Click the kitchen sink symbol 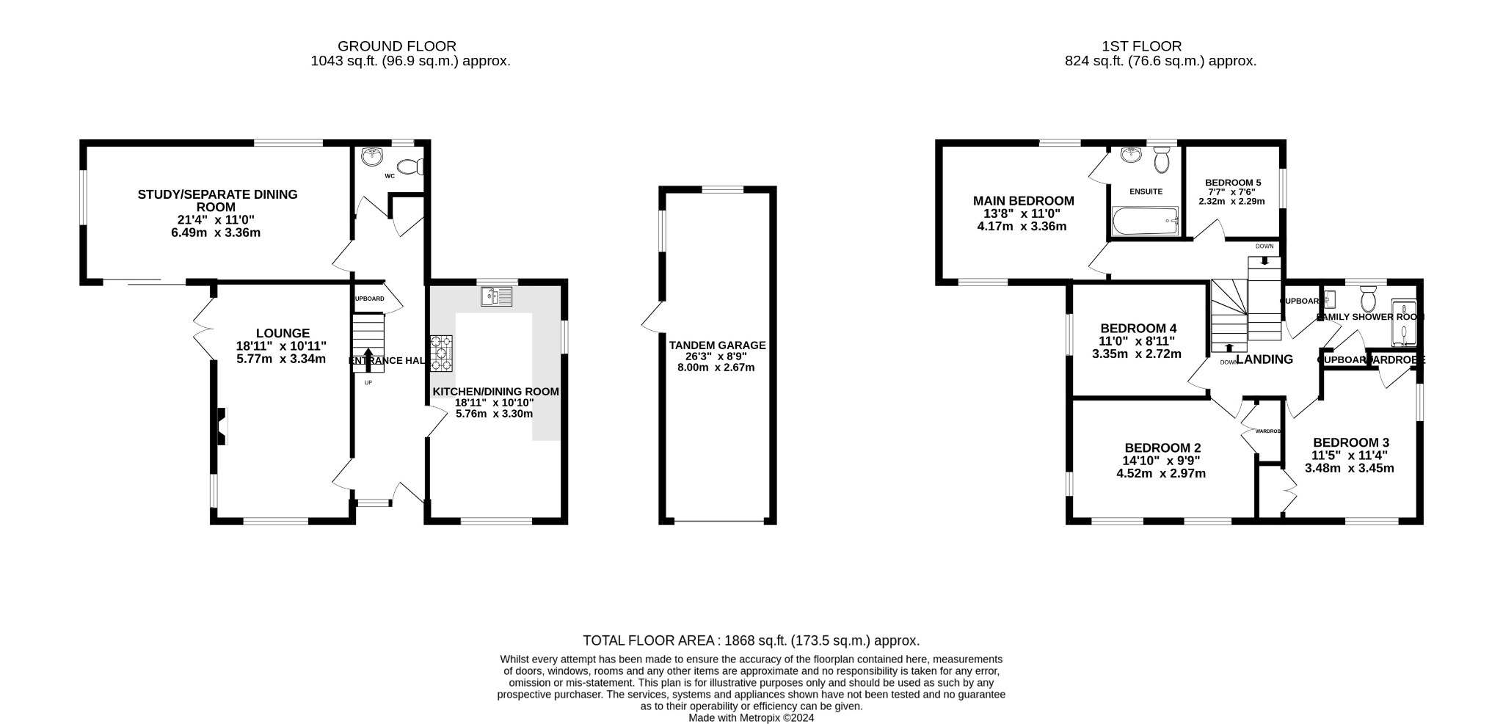click(496, 296)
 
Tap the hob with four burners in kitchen click(441, 352)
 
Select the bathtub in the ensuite click(1145, 222)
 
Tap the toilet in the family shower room click(1367, 300)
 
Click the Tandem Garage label click(716, 345)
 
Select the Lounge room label click(283, 333)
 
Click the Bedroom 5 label click(1232, 183)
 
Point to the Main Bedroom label click(1023, 200)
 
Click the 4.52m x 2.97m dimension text click(1160, 473)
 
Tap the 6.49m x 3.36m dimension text click(217, 233)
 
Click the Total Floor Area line click(751, 640)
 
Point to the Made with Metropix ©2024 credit click(751, 718)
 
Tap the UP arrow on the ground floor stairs click(368, 358)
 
